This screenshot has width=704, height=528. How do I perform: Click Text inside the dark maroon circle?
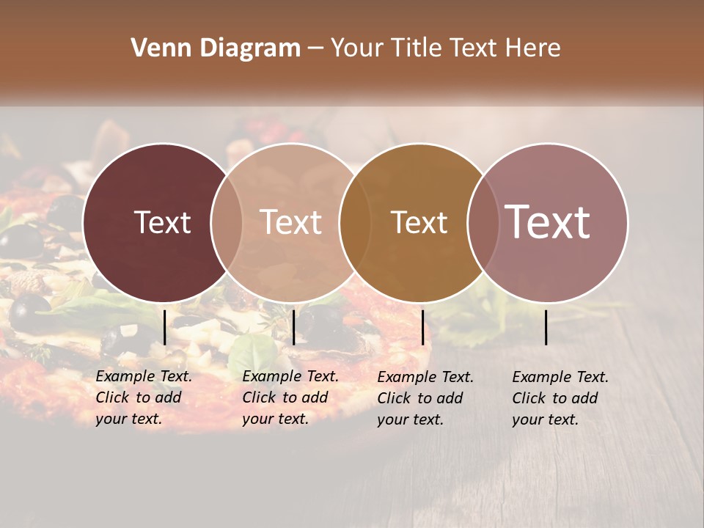coord(162,222)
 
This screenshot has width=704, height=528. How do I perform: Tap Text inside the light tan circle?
coord(291,222)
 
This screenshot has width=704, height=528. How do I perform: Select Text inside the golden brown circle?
coord(419,222)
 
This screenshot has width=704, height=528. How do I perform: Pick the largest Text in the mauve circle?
coord(548,221)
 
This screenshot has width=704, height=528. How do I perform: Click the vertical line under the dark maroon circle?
coord(164,327)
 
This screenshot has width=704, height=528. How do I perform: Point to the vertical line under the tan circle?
coord(293,327)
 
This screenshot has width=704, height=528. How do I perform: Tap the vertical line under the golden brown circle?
coord(422,327)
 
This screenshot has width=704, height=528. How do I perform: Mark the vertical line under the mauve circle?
coord(546,327)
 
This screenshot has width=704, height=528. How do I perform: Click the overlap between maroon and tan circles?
coord(227,222)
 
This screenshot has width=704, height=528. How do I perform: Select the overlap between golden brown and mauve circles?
coord(483,222)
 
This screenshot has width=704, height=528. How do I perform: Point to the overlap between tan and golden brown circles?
coord(355,222)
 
